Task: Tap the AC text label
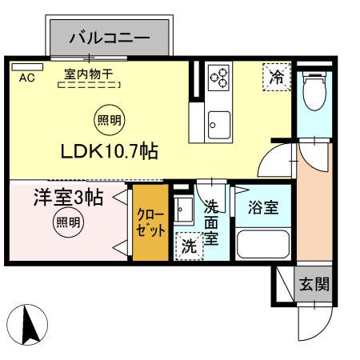coord(26,78)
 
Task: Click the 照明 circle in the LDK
coord(110,121)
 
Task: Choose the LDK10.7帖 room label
coord(108,151)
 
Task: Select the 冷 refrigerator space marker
coord(276,78)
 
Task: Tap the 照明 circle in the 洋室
coord(68,223)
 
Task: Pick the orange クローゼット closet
coord(150,223)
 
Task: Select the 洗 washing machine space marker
coord(189,246)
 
